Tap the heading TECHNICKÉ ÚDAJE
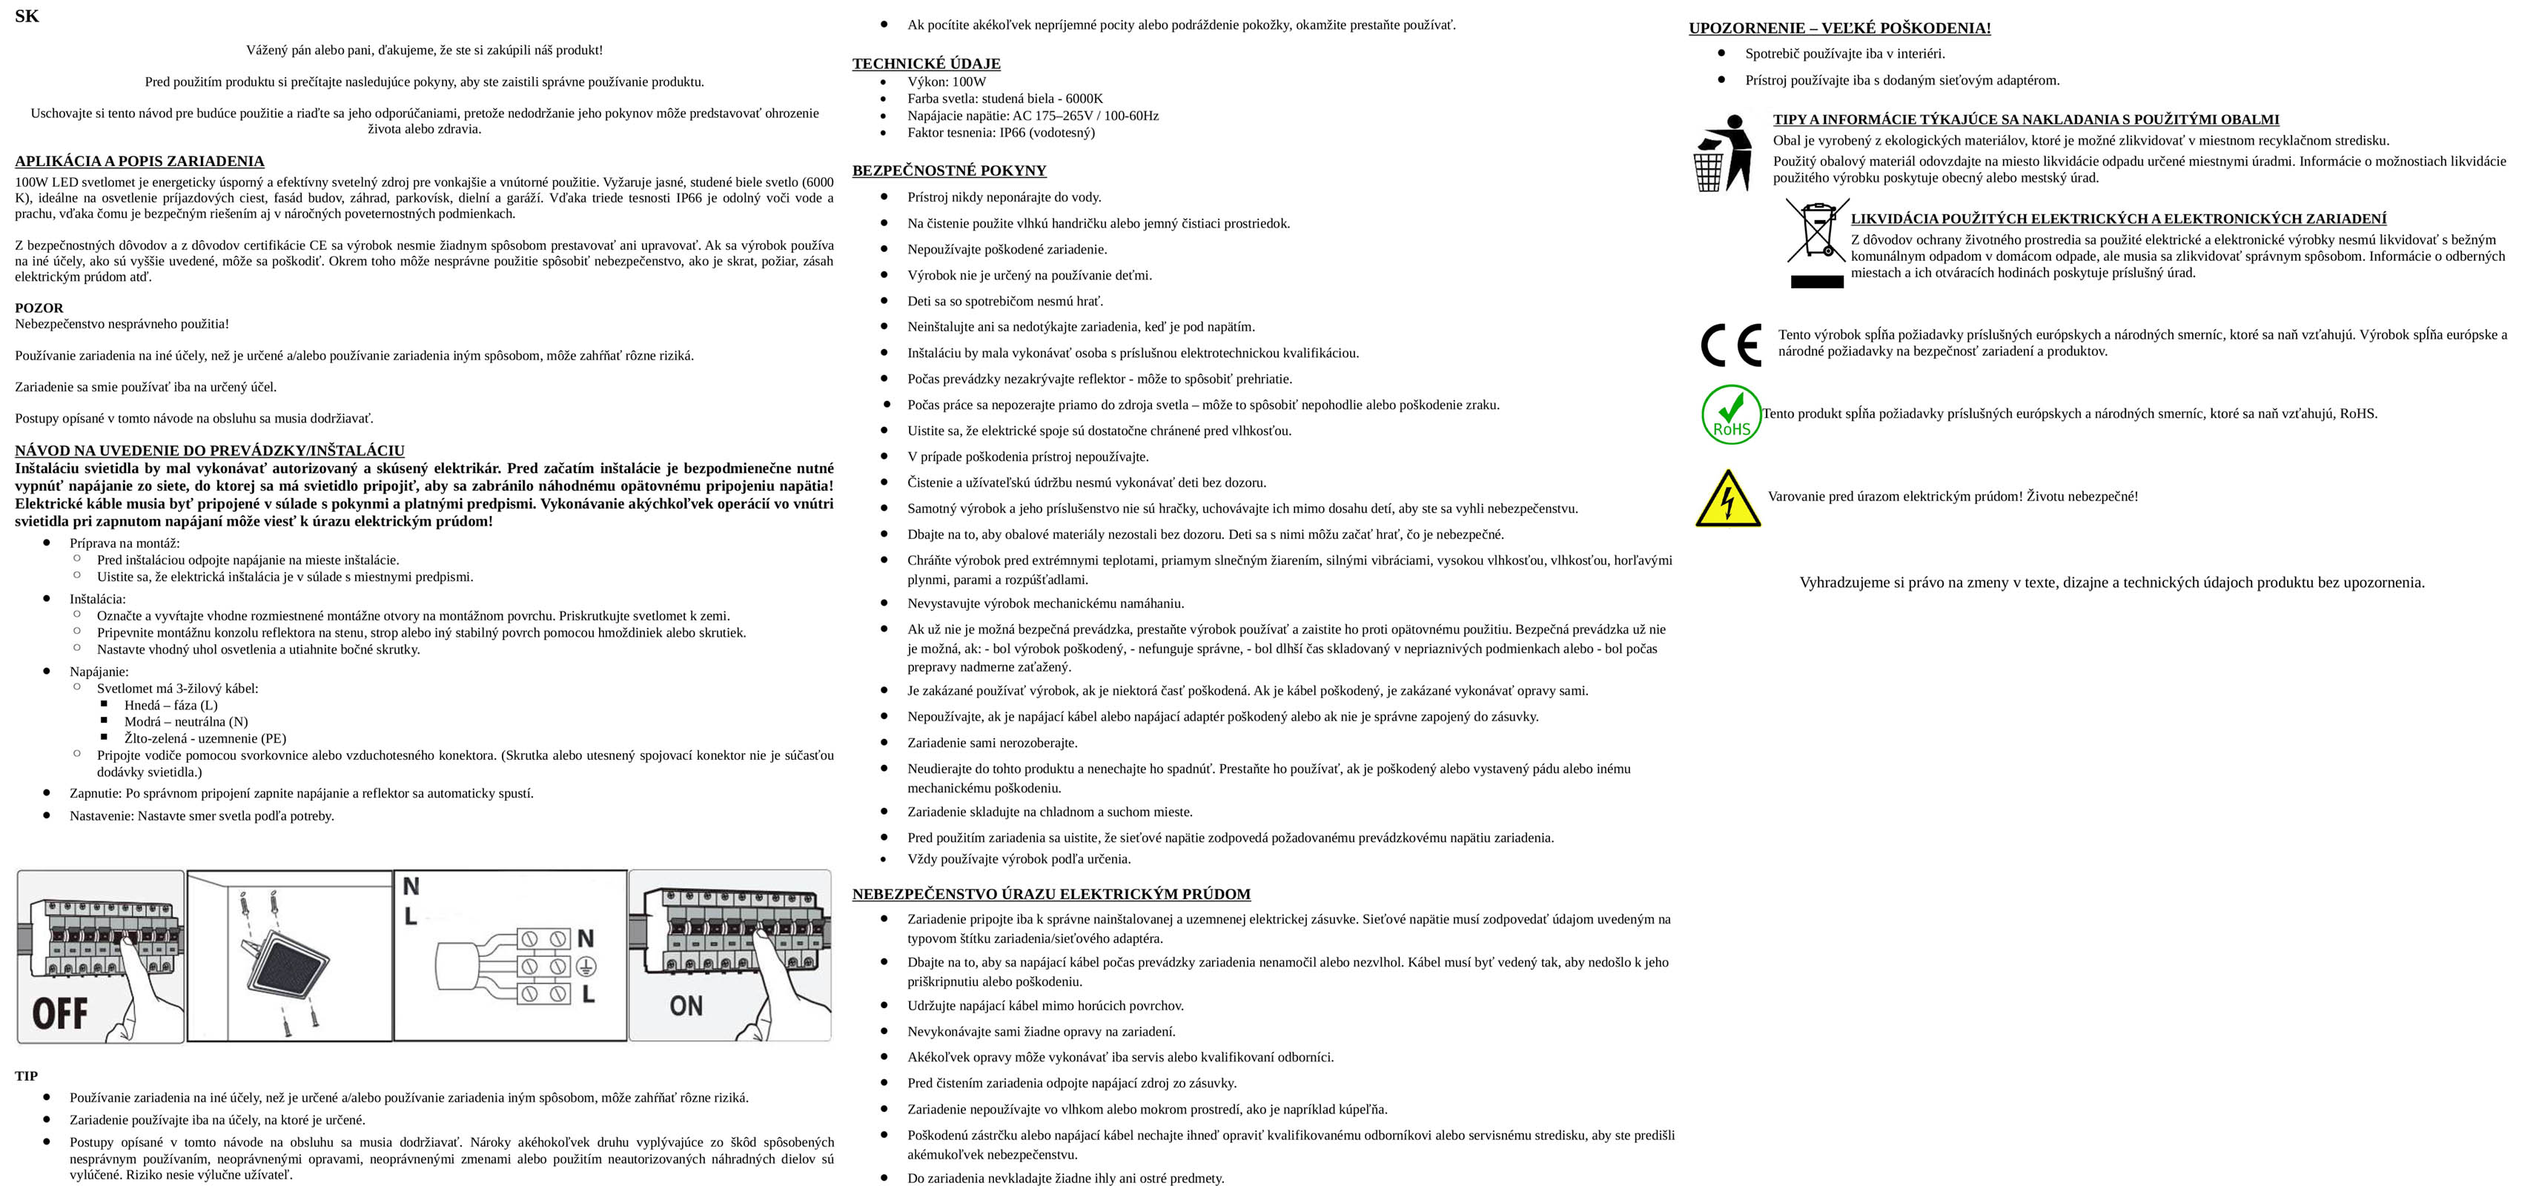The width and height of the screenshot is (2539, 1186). click(925, 64)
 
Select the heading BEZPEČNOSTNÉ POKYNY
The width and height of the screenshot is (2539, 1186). click(948, 170)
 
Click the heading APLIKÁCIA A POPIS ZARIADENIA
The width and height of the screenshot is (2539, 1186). click(139, 162)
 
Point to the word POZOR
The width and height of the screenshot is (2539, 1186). click(39, 308)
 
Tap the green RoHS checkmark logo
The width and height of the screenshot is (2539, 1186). click(1731, 415)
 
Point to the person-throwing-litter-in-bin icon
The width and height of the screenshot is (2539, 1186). click(1722, 153)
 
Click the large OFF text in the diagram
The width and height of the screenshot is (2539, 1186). click(59, 1013)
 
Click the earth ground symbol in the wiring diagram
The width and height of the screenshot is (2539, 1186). click(586, 966)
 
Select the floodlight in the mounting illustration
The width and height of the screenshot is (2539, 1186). click(288, 964)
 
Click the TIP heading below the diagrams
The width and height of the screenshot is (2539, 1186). click(27, 1076)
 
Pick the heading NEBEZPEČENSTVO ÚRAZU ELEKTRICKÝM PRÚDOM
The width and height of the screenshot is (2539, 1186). click(1050, 894)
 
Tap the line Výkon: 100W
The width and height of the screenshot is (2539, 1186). click(946, 82)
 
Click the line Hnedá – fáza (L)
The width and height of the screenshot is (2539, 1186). click(171, 706)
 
